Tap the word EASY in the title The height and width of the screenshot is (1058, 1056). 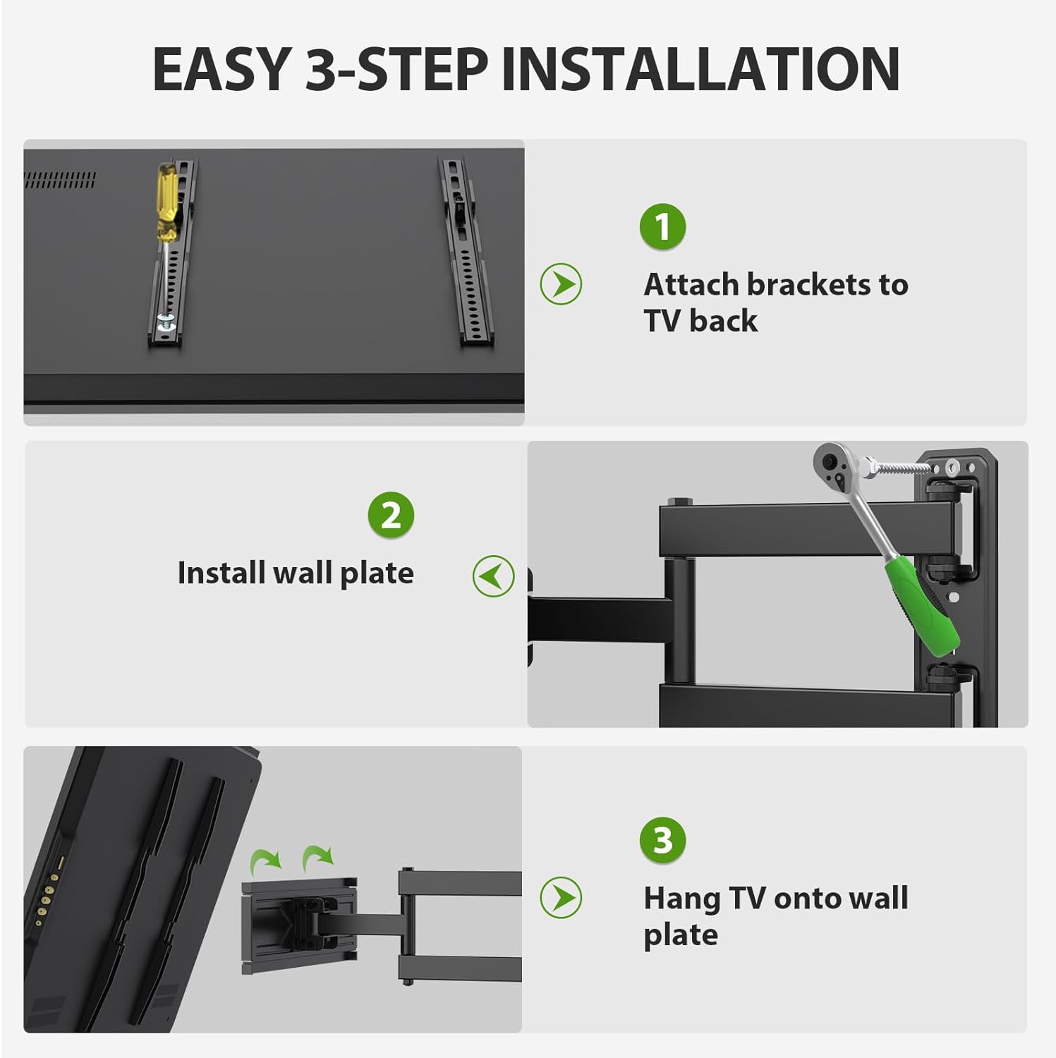[x=221, y=69]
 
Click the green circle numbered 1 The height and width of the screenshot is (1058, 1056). [x=662, y=226]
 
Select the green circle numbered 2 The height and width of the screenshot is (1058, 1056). [x=391, y=515]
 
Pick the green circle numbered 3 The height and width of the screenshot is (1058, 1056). [x=662, y=840]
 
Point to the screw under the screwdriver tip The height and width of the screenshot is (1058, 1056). [x=164, y=322]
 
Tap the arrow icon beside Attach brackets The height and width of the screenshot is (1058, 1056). [x=561, y=284]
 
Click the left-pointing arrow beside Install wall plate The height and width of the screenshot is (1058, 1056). [x=493, y=576]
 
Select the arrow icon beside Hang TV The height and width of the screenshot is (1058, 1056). [x=561, y=898]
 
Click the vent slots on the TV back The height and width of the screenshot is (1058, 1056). [x=59, y=180]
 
